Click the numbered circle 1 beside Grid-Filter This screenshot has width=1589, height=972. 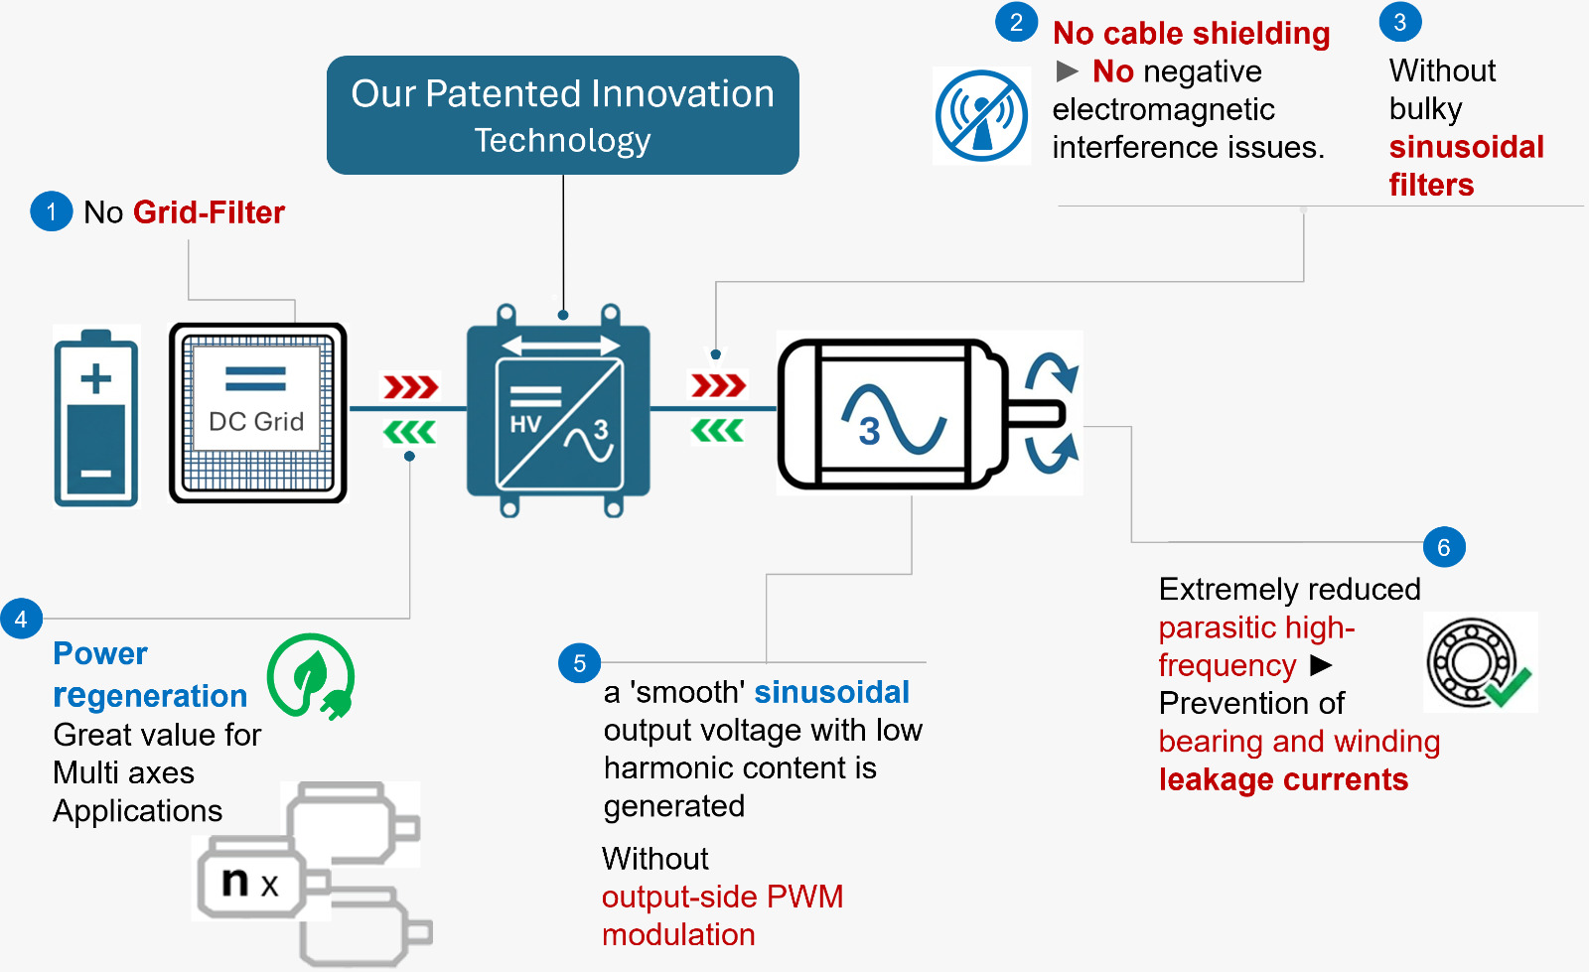coord(52,211)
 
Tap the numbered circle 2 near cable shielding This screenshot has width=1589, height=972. coord(1016,23)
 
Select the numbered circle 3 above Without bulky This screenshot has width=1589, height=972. coord(1400,22)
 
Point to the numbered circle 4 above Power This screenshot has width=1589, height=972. coord(21,620)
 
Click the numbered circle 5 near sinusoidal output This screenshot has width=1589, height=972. coord(580,663)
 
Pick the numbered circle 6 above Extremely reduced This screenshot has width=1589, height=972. coord(1444,547)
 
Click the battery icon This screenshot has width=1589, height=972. coord(96,417)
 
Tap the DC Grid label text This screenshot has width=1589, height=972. coord(256,422)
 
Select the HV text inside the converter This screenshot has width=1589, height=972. coord(525,425)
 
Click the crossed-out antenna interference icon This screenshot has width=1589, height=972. coord(981,116)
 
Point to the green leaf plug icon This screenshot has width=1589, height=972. coord(311,676)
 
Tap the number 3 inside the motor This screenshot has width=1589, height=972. coord(870,431)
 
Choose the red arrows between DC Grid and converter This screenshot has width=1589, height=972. coord(411,386)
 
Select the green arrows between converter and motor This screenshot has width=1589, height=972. coord(717,431)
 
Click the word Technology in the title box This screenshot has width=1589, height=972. coord(562,141)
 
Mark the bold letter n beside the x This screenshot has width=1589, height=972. coord(235,881)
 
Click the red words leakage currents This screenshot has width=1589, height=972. coord(1283,779)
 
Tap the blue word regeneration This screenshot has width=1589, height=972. coord(150,696)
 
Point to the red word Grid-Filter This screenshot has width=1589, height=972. coord(209,212)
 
